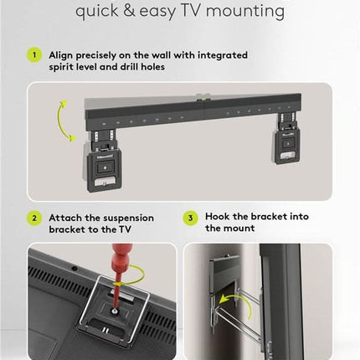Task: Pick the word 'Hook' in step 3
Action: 219,216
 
